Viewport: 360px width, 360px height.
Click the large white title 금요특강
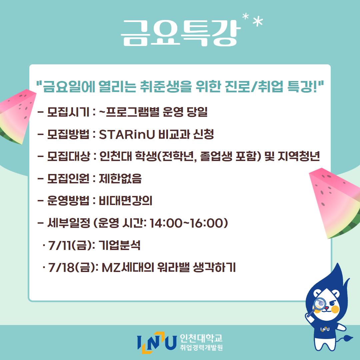point(181,33)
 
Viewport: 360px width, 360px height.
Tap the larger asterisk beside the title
point(258,21)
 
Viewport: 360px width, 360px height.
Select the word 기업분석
point(119,245)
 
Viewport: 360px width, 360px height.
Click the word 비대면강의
point(125,201)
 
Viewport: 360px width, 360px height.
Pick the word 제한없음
point(120,178)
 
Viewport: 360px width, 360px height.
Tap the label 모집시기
point(68,112)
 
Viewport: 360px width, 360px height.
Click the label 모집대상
point(68,156)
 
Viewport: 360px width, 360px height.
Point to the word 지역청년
point(298,156)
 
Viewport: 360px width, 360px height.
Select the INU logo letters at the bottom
point(157,343)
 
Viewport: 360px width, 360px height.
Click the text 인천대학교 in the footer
point(201,338)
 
